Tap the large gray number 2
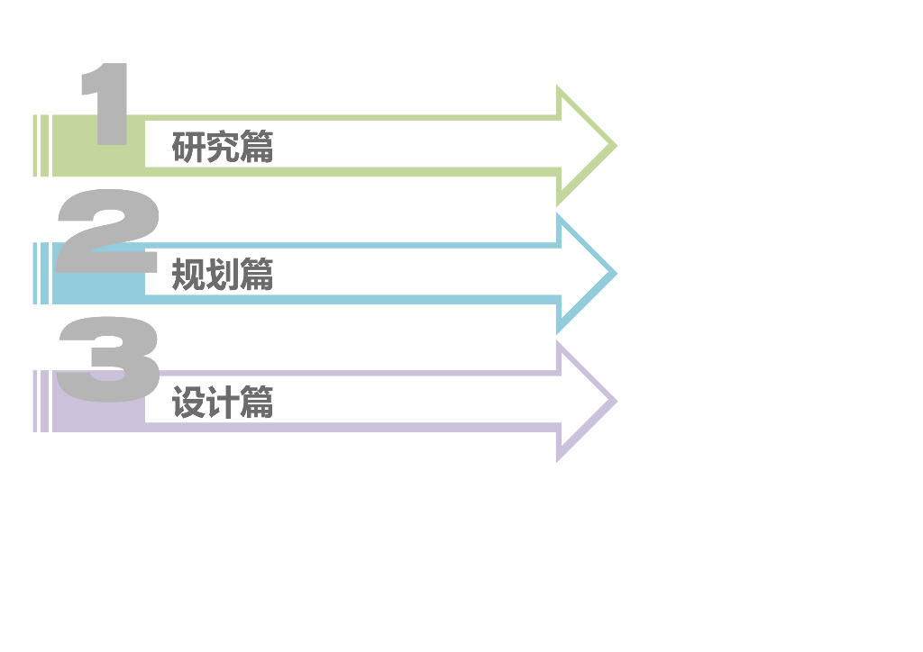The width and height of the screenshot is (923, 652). tap(106, 232)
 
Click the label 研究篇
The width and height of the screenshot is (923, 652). tap(222, 147)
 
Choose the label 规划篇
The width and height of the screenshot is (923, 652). tap(222, 275)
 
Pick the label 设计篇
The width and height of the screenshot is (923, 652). tap(222, 403)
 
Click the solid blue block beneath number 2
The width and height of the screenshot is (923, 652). tap(90, 290)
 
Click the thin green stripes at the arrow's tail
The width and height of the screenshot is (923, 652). tap(41, 146)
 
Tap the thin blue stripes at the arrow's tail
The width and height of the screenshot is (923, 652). tap(41, 274)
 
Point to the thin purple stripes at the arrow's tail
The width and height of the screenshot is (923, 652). tap(41, 402)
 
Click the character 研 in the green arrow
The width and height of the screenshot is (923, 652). tap(188, 147)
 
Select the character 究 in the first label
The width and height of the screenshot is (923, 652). tap(222, 147)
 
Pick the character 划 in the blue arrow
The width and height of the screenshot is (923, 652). tap(222, 275)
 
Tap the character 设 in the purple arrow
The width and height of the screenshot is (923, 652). tap(188, 403)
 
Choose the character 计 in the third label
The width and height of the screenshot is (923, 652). tap(222, 403)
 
